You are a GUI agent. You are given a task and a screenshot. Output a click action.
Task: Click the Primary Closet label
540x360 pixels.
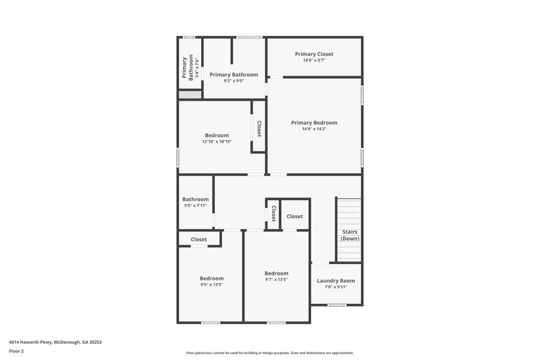point(314,54)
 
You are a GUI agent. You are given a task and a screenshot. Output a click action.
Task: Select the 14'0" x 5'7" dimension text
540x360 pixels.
point(314,61)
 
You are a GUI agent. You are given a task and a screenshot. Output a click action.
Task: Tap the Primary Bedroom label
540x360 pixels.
point(314,123)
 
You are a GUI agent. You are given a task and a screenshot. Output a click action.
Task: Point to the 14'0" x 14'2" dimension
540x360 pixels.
point(314,129)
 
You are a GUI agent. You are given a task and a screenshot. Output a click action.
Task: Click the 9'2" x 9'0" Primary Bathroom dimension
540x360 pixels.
point(234,81)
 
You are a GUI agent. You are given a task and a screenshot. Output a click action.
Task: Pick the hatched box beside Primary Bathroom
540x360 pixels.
point(190,95)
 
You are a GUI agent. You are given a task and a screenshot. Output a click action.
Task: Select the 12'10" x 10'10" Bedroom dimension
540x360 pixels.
point(217,142)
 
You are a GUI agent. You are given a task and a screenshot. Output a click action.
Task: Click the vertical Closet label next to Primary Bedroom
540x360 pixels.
point(259,128)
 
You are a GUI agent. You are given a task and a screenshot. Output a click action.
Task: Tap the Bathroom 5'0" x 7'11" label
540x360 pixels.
point(195,202)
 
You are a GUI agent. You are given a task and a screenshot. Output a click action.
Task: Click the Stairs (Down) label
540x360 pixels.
point(350,235)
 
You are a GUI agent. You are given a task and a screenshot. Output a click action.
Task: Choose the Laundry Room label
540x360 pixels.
point(335,281)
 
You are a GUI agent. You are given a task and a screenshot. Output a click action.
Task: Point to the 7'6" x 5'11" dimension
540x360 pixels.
point(335,287)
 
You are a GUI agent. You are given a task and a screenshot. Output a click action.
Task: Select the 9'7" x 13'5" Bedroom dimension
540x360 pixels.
point(276,280)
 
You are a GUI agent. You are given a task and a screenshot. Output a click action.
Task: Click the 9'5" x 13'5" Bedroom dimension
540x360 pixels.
point(211,284)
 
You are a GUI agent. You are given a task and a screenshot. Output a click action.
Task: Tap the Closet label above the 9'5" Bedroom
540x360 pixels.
point(198,239)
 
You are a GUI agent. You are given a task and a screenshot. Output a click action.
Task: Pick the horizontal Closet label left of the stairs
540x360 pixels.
point(294,216)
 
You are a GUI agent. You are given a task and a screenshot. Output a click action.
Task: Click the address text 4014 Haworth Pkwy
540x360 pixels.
point(55,342)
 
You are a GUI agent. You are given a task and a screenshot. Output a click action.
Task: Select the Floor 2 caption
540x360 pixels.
point(16,351)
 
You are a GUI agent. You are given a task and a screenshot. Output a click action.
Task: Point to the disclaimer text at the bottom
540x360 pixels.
point(269,353)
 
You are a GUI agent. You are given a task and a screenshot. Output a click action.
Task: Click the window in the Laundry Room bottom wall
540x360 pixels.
point(336,305)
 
